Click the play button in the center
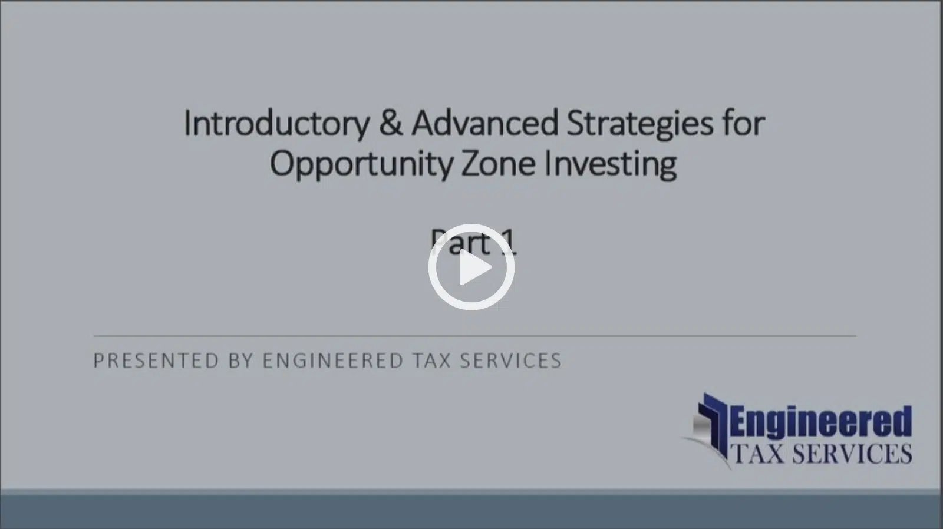point(471,267)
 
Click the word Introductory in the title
point(276,123)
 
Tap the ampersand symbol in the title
point(390,123)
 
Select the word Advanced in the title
point(484,123)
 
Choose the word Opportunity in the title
point(361,165)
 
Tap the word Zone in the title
point(498,164)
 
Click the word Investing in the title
point(611,165)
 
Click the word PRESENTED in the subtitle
point(156,361)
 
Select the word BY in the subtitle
point(241,361)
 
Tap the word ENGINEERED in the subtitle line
point(333,361)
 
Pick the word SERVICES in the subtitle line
point(510,361)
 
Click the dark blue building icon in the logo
point(711,425)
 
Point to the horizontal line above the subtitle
point(475,336)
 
